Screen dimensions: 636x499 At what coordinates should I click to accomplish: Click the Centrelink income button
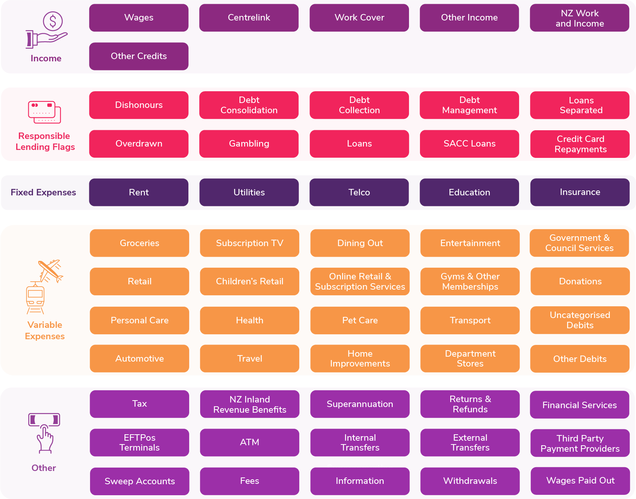click(249, 18)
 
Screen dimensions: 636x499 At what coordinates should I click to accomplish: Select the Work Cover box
click(359, 18)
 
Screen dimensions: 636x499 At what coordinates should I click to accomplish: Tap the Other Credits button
click(139, 56)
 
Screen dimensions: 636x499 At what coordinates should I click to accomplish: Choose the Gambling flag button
click(249, 144)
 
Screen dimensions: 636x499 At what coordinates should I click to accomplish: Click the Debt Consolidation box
click(249, 105)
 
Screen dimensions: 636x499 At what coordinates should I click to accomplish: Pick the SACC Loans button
click(470, 144)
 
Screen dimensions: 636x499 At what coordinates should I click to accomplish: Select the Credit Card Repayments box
click(580, 144)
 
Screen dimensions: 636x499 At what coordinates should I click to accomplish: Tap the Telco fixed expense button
click(359, 192)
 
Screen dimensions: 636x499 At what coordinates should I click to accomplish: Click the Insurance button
click(580, 192)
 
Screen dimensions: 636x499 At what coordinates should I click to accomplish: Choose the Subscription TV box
click(250, 243)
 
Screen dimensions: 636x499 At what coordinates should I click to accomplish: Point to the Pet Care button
click(360, 320)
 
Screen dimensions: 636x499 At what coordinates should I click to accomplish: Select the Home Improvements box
click(360, 359)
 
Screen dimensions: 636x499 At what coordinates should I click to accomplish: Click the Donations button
click(580, 281)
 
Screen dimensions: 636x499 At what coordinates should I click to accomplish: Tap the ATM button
click(250, 443)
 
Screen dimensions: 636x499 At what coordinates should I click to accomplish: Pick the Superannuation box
click(360, 404)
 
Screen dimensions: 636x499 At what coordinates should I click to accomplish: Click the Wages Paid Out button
click(580, 481)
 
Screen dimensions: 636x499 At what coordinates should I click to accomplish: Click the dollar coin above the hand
click(53, 21)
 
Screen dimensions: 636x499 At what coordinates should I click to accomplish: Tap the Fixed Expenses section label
click(44, 192)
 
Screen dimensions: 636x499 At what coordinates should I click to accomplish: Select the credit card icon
click(44, 112)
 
